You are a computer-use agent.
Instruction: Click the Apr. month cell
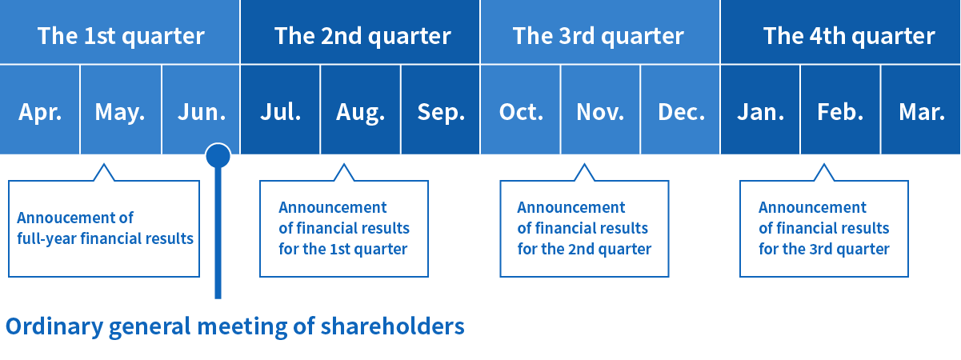click(x=39, y=110)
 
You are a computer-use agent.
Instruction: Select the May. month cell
click(x=121, y=110)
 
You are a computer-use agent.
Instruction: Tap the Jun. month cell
click(x=201, y=110)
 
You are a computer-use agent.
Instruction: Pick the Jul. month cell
click(x=280, y=110)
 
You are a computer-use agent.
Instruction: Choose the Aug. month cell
click(x=360, y=110)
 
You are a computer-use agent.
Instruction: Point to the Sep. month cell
click(x=440, y=110)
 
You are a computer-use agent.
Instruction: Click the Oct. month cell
click(x=520, y=110)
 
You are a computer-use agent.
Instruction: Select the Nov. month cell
click(x=600, y=110)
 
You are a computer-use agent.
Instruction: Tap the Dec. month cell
click(x=680, y=110)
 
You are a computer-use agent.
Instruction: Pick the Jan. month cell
click(x=760, y=110)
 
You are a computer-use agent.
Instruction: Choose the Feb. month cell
click(x=840, y=110)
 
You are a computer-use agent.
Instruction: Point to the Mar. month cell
click(x=921, y=110)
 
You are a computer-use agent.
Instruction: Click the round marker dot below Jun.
click(x=218, y=155)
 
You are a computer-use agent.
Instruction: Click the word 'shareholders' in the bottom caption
click(x=392, y=326)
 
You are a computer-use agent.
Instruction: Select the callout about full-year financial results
click(x=104, y=228)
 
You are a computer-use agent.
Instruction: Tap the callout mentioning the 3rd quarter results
click(x=824, y=228)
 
